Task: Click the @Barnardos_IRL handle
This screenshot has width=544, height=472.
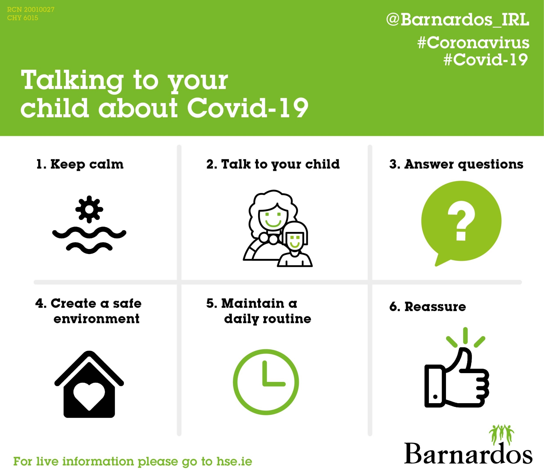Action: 458,20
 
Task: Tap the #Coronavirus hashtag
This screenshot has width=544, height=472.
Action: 473,43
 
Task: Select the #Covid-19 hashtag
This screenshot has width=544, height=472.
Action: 486,59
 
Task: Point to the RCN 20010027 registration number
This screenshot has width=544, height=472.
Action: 31,9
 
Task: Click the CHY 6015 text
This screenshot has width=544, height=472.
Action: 23,18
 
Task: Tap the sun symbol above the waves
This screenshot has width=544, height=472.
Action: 89,209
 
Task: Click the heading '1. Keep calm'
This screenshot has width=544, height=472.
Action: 80,164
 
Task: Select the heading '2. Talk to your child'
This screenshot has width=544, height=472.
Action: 273,164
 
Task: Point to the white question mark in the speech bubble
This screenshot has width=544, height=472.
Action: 461,221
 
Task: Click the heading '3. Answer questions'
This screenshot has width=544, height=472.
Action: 456,164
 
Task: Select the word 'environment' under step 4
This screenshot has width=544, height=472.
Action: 96,319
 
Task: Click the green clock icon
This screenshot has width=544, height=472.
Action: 266,382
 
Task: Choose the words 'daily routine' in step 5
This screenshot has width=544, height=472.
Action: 267,319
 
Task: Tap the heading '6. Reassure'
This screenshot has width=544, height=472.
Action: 428,307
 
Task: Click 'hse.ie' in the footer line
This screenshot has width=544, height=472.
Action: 234,462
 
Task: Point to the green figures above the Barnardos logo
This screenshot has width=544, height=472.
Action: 501,435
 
